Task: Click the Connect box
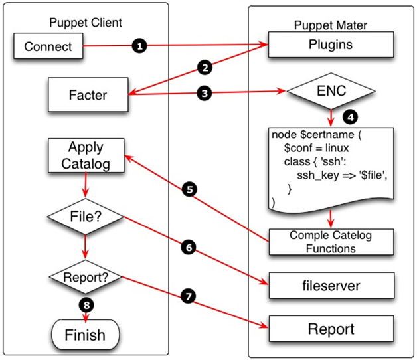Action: [48, 46]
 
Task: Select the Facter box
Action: [88, 95]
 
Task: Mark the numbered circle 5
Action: [190, 190]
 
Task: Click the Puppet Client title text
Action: [86, 22]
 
